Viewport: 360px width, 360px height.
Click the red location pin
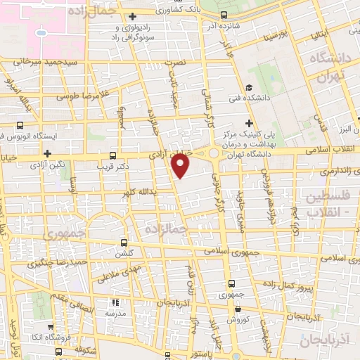point(181,165)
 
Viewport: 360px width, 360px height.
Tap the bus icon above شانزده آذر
point(224,15)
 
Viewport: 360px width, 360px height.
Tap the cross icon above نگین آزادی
point(48,153)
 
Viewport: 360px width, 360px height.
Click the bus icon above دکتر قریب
point(112,156)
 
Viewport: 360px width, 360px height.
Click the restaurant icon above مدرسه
point(113,304)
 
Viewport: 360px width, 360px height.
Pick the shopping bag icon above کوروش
point(238,309)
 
